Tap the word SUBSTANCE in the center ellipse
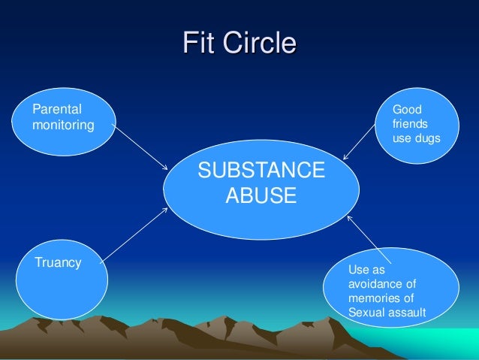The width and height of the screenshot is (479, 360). coord(261,171)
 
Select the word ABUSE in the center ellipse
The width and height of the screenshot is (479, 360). coord(261,196)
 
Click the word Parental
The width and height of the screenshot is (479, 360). coord(57,110)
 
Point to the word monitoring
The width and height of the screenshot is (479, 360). coord(63,125)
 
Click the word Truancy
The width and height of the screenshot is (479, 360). coord(58,262)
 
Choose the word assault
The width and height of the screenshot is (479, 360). coord(408,313)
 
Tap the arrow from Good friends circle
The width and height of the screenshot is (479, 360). coord(359,143)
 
